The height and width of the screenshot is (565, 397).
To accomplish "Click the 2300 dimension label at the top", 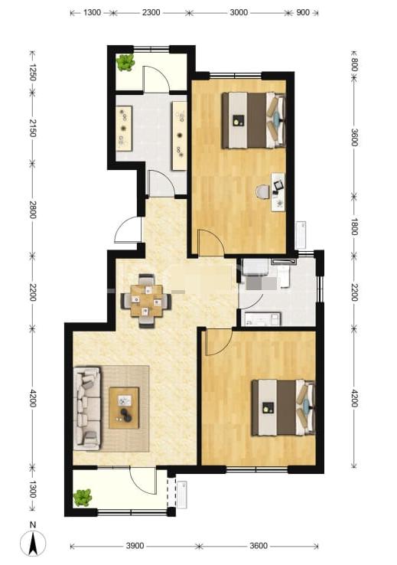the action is pos(151,12).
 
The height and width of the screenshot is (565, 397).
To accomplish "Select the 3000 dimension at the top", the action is pos(239,12).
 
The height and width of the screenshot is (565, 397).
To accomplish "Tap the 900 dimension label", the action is pos(303,12).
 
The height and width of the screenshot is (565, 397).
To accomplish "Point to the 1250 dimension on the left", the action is pos(33,72).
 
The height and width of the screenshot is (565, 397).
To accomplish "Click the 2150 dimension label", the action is pos(33,128).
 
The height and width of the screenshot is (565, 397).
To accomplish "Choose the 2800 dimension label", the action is pos(33,209).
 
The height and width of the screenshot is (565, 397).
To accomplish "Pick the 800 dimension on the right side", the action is pos(354,65).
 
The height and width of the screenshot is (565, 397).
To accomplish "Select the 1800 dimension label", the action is pos(354,227).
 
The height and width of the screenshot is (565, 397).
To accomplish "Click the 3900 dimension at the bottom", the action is pos(135,546).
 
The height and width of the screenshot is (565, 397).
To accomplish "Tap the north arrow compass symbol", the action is pos(33,542).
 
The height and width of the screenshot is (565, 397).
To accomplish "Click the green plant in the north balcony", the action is pos(125,62).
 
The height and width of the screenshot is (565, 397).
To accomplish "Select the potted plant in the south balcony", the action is pos(83,498).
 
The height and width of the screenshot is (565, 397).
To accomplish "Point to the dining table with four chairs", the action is pos(146,301).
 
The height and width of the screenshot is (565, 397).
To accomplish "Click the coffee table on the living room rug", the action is pos(124,408).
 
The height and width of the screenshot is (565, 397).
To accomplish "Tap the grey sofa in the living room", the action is pos(87,408).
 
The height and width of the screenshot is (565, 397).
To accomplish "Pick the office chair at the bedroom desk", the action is pos(262,191).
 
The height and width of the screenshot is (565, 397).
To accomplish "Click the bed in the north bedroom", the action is pos(254,120).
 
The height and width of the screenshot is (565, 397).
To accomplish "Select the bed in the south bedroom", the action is pos(284,407).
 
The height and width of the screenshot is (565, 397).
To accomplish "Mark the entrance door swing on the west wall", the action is pos(127,230).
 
